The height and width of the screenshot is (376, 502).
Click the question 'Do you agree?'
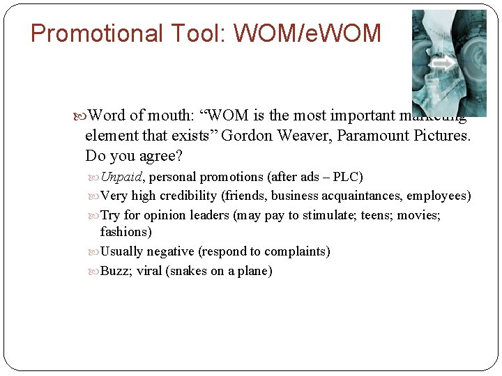click(x=133, y=155)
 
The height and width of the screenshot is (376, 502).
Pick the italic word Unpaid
click(x=121, y=177)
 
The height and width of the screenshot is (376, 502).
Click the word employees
click(x=437, y=196)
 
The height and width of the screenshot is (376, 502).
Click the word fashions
click(x=125, y=232)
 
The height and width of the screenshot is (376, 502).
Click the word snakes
click(x=189, y=271)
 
